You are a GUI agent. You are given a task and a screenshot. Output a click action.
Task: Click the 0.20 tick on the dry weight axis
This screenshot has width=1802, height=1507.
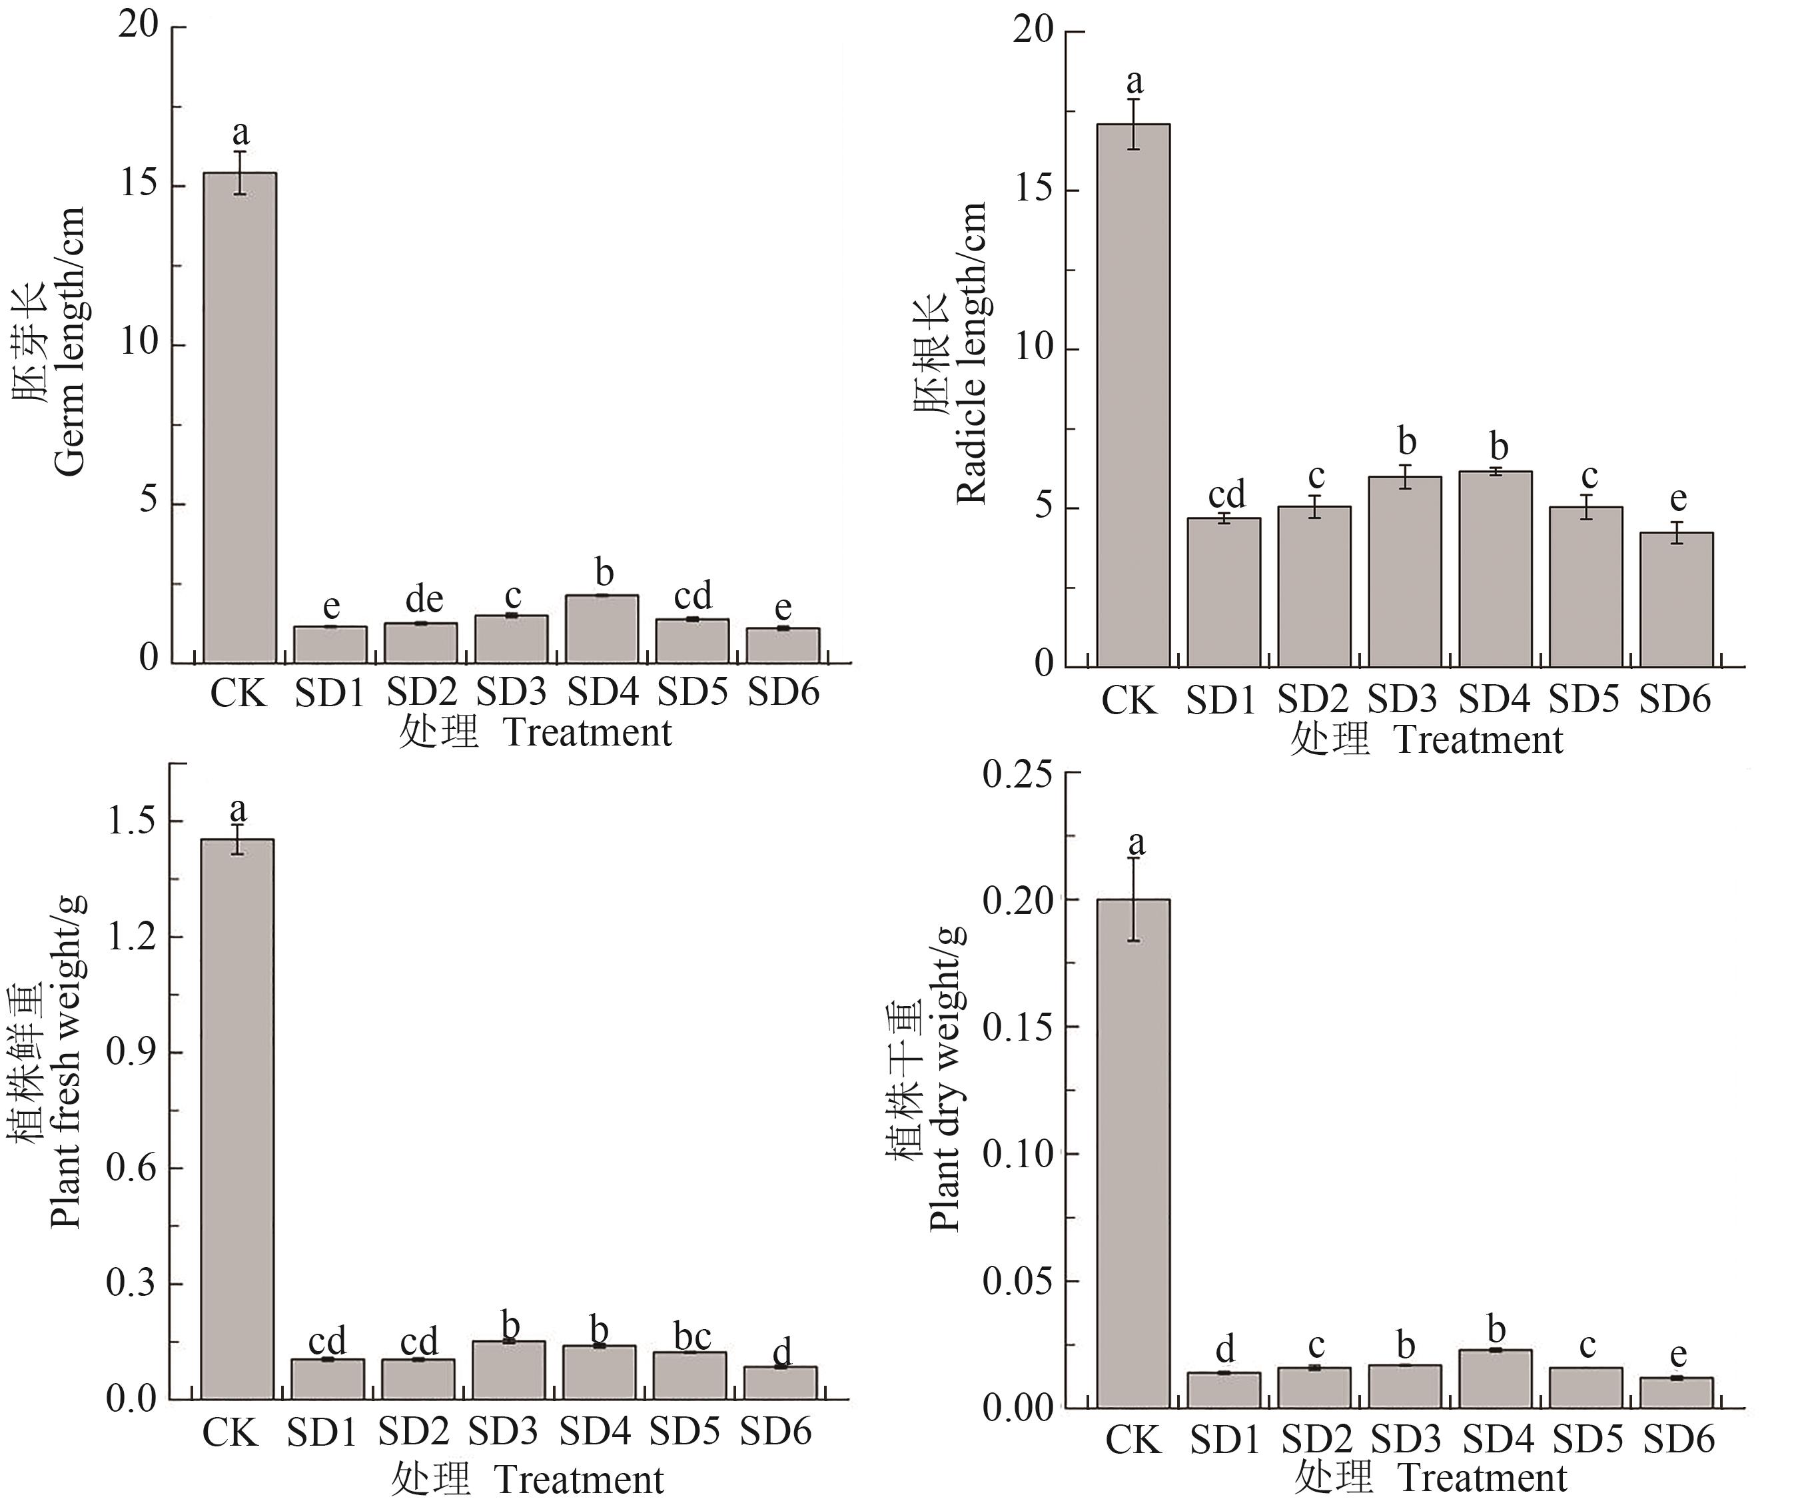[1022, 900]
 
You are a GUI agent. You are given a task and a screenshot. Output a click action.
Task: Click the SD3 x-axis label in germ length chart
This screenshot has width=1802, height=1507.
[512, 692]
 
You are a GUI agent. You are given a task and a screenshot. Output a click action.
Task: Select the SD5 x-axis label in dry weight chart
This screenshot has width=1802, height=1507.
[1587, 1439]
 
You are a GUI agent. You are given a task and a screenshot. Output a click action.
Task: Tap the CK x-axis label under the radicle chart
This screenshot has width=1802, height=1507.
[1129, 700]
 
